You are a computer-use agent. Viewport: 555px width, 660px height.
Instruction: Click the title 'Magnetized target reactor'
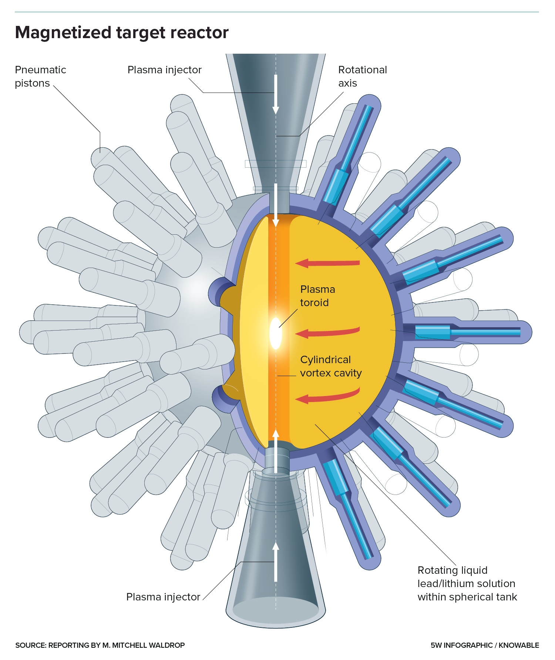tap(122, 33)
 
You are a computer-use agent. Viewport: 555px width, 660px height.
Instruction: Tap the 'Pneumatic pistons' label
tap(40, 76)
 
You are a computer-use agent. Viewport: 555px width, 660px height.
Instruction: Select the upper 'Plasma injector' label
tap(164, 70)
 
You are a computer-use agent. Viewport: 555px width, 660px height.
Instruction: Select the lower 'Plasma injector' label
tap(163, 597)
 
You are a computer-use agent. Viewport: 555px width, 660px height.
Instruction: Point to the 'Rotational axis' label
tap(362, 76)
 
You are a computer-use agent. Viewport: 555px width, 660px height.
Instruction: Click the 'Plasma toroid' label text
tap(317, 296)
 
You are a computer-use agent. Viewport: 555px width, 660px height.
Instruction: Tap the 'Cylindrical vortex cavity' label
tap(330, 366)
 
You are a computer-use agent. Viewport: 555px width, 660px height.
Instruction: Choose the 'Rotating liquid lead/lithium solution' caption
tap(467, 584)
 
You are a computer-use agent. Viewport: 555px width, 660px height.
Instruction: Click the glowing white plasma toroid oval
tap(276, 333)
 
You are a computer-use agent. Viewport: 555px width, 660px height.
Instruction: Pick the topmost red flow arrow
tap(327, 263)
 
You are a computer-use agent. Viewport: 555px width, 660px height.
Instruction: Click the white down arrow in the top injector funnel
tap(275, 94)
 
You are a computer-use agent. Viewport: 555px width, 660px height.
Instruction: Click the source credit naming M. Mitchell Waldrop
tap(100, 645)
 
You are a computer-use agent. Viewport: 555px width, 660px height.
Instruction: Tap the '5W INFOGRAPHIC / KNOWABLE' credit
tap(485, 645)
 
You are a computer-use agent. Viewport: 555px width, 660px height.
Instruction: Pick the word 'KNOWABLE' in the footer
tap(519, 645)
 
